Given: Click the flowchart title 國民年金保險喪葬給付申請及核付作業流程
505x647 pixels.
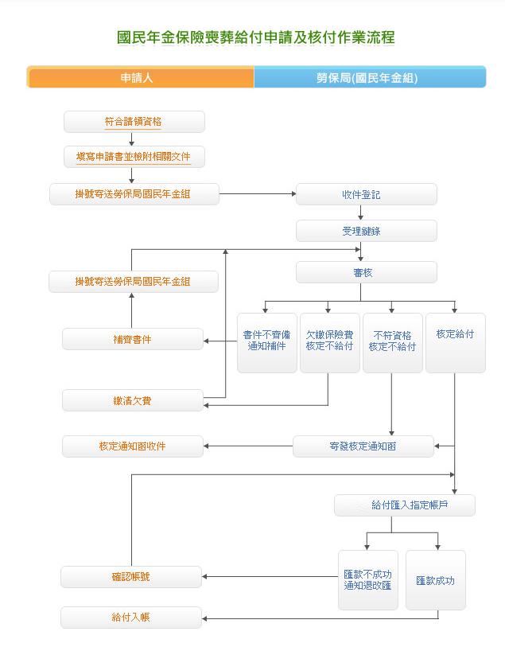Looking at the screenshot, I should point(254,37).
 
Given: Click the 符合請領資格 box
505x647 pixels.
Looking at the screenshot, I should point(134,122).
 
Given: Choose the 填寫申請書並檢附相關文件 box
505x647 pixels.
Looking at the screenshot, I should point(134,157).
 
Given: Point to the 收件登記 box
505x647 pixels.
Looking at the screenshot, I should point(366,194).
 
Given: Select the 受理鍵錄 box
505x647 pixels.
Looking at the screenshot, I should point(366,231).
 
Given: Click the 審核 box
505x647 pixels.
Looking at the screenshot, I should point(366,272).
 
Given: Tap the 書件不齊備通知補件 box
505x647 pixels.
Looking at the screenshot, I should point(266,342).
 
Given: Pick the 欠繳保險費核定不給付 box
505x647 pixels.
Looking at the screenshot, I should point(329,342).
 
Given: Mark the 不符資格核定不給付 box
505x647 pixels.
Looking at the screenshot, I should point(392,342).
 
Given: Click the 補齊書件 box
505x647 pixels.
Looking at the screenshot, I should point(133,339).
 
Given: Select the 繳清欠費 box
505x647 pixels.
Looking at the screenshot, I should point(133,400).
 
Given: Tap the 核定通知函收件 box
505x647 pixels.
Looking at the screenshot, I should point(133,446).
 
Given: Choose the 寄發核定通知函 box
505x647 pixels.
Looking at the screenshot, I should point(363,446).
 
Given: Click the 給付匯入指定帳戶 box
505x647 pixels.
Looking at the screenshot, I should point(404,505).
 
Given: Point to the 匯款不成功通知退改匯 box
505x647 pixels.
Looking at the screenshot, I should point(367,580).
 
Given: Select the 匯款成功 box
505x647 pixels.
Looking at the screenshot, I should point(435,580).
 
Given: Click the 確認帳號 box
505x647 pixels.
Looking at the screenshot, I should point(131,577).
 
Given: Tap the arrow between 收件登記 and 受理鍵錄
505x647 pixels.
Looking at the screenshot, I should point(361,212).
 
